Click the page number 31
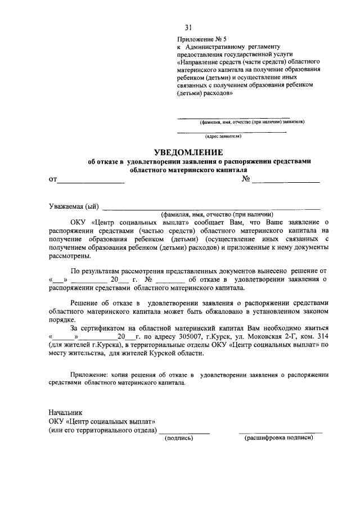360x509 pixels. pyautogui.click(x=188, y=26)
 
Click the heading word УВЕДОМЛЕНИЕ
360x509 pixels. pyautogui.click(x=188, y=152)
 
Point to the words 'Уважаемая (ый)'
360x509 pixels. pyautogui.click(x=74, y=206)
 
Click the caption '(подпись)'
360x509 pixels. pyautogui.click(x=179, y=438)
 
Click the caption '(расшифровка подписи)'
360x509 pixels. pyautogui.click(x=278, y=438)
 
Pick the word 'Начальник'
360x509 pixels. pyautogui.click(x=66, y=412)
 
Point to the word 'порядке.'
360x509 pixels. pyautogui.click(x=63, y=319)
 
